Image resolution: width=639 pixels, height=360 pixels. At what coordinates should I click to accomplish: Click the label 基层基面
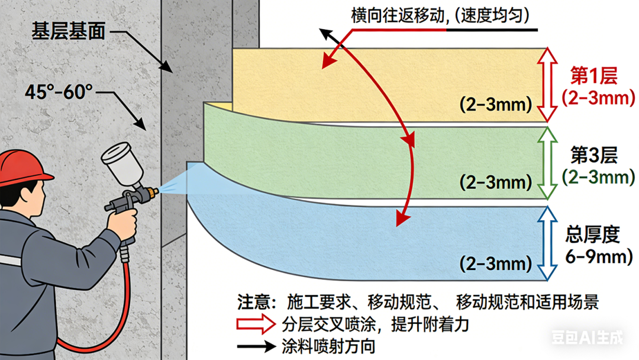click(68, 31)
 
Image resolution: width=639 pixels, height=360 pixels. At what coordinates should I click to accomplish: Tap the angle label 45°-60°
click(59, 92)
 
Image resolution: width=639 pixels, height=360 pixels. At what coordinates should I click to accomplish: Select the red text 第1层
click(593, 77)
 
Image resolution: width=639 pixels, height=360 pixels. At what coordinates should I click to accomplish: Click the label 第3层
click(593, 156)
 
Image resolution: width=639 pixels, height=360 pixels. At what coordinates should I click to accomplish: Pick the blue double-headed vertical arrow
click(548, 242)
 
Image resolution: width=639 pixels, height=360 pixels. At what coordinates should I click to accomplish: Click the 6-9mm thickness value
click(598, 256)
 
